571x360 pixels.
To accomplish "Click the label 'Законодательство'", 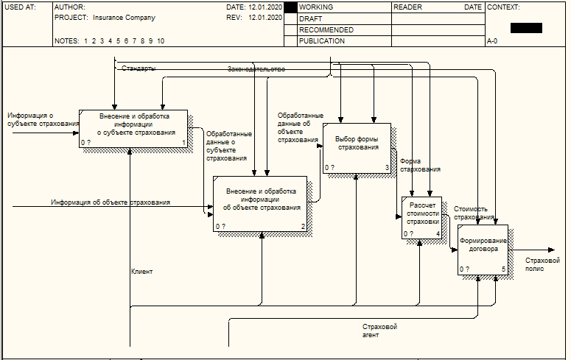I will point(256,68).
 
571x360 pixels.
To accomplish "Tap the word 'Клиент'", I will point(142,272).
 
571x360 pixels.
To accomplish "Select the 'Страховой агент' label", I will point(380,331).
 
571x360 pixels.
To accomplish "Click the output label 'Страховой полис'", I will point(542,264).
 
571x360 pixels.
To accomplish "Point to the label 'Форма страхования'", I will point(420,165).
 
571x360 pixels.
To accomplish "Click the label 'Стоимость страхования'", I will point(474,213).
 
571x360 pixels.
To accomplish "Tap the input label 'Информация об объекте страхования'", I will point(111,202).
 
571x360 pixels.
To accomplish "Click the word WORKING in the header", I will point(316,7).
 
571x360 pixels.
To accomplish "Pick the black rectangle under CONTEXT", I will point(526,28).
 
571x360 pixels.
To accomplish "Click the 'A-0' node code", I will point(492,42).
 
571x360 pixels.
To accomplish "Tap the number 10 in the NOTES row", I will point(161,41).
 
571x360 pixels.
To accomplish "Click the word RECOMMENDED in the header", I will point(326,30).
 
